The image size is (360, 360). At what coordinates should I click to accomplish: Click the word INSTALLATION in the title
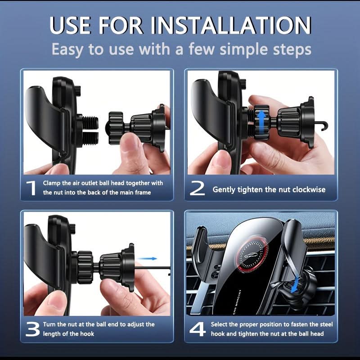coord(230,25)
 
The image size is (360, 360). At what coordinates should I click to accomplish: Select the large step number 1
coord(31,188)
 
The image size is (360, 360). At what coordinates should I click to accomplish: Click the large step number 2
coord(197,188)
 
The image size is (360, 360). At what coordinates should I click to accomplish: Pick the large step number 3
coord(32,329)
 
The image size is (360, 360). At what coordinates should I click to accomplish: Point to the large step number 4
coord(198,329)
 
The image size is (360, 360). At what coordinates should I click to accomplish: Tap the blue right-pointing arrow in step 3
coord(147,258)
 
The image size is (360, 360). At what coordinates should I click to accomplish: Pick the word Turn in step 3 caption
coord(49,324)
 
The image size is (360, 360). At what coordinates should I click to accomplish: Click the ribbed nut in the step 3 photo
coord(84,267)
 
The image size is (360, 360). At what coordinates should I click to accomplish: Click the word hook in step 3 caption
coord(87,333)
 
